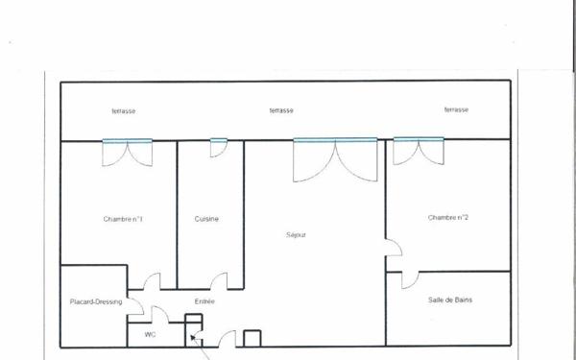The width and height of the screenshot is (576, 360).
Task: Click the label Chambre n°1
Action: point(123,219)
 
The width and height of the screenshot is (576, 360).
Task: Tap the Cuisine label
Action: point(206,219)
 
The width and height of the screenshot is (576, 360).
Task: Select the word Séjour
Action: point(296,234)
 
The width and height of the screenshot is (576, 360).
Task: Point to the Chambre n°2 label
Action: point(448,218)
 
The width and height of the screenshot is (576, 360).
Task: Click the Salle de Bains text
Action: point(450,300)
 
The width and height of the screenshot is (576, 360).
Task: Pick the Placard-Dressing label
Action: point(96,302)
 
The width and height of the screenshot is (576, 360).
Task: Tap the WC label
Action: point(150,334)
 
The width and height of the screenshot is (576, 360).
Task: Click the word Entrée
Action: point(204,302)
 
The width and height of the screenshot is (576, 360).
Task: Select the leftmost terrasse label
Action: point(123,111)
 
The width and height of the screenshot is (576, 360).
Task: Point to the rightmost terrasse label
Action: point(456,110)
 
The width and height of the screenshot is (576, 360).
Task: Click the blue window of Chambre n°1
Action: point(128,142)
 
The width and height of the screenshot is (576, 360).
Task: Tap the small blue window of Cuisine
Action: point(218,142)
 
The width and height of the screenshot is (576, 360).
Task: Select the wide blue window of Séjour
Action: point(335,141)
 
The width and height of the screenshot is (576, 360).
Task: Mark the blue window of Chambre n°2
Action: point(419,141)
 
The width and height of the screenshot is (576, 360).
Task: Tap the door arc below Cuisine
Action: point(219,280)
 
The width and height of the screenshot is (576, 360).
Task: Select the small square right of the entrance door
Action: point(252,338)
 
